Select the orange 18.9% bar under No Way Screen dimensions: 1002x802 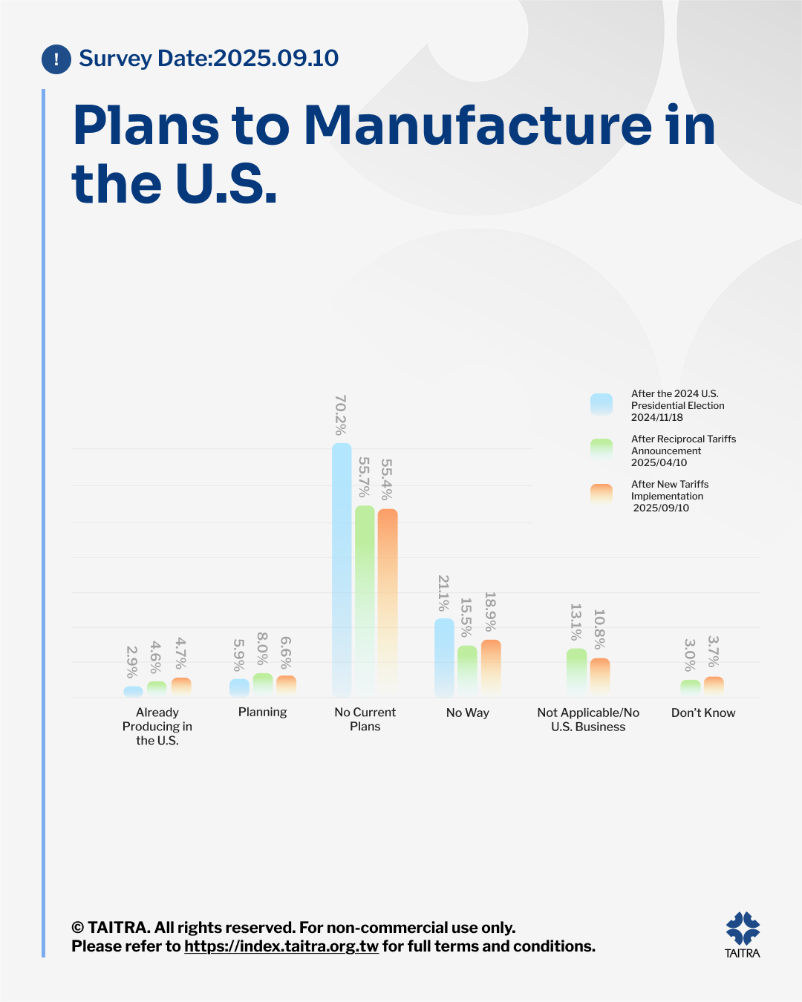click(491, 668)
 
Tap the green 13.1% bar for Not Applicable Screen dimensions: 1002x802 click(577, 672)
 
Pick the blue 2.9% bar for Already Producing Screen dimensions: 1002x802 click(133, 692)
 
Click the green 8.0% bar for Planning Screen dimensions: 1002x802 click(263, 684)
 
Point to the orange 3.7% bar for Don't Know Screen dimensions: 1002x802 click(714, 687)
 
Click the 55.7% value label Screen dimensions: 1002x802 click(364, 477)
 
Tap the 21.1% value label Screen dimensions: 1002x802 click(443, 593)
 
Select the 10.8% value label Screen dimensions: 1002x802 click(599, 629)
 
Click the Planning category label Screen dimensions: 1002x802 click(263, 713)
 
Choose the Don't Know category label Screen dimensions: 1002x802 click(703, 713)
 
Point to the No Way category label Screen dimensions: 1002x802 click(468, 713)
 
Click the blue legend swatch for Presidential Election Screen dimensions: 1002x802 click(601, 405)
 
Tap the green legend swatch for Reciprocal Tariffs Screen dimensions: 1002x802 click(601, 450)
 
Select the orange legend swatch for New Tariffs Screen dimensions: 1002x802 click(601, 494)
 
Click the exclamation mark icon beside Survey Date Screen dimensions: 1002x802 click(56, 59)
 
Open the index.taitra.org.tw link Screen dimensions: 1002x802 click(281, 946)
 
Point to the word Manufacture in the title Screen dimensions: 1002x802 click(478, 125)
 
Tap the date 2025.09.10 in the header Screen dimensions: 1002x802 click(276, 59)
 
